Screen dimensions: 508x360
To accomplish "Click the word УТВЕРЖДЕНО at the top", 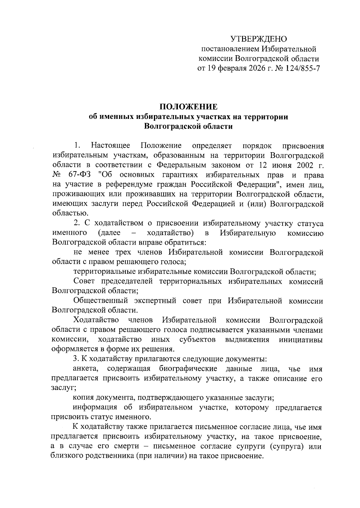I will click(x=259, y=39).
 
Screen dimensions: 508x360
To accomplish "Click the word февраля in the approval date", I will click(x=231, y=68).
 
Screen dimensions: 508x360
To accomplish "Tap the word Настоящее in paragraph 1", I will click(x=110, y=146).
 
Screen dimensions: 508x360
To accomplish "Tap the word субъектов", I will click(x=198, y=340).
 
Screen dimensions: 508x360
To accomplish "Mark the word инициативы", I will click(x=301, y=340).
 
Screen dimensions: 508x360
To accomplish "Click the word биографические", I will click(x=188, y=368).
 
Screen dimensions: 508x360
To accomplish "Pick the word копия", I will click(x=83, y=398).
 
